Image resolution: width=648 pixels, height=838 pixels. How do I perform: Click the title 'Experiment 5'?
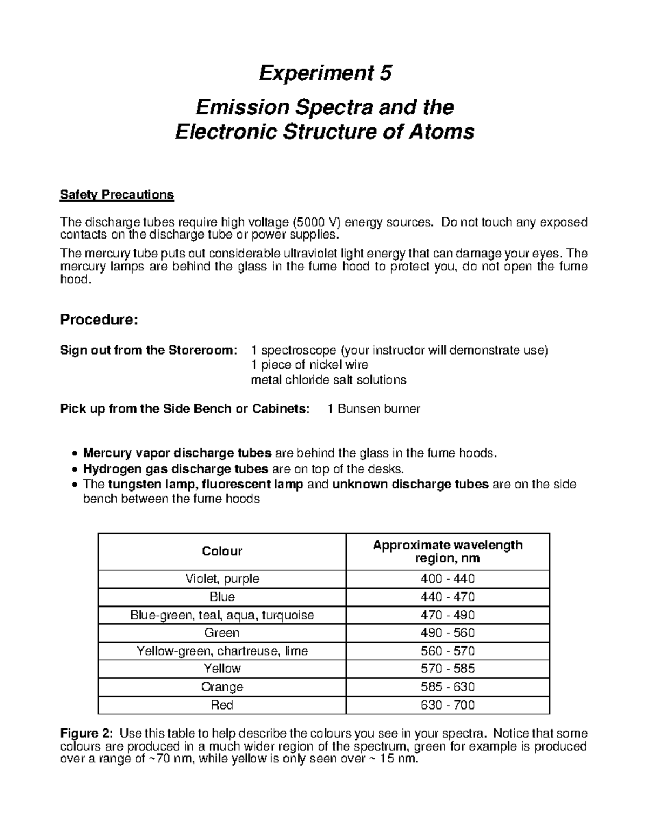(325, 73)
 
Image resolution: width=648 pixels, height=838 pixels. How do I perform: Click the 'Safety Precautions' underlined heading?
(117, 194)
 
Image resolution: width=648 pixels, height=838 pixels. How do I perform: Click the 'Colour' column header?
(222, 551)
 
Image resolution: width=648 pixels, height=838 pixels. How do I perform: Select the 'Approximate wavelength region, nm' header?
(448, 551)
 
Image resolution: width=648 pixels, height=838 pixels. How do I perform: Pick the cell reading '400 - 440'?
(448, 579)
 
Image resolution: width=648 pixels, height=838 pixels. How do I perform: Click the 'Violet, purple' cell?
(222, 579)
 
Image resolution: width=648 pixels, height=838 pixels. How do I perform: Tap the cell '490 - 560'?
(448, 632)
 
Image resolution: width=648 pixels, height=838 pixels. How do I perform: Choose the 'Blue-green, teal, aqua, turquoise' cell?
(222, 615)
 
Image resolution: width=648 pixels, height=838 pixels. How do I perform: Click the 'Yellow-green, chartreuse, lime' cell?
(222, 651)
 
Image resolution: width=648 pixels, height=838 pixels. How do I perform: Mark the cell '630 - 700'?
(448, 705)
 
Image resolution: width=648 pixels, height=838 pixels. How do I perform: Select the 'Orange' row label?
(222, 687)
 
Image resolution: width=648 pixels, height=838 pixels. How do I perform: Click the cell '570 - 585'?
(448, 669)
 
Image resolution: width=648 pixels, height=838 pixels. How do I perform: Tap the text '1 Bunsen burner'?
(374, 409)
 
